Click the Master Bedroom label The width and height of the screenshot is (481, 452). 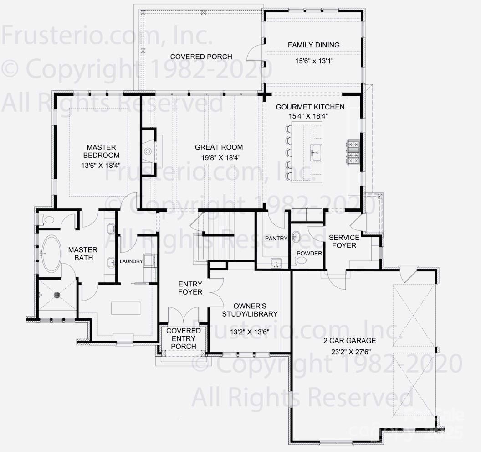click(x=102, y=152)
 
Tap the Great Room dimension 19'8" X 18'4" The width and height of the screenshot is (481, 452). click(x=219, y=157)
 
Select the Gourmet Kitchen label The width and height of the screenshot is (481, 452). click(x=310, y=107)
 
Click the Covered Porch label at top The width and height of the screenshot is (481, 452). click(x=201, y=57)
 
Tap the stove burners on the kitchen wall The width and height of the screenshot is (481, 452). click(x=354, y=152)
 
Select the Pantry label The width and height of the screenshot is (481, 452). click(x=276, y=239)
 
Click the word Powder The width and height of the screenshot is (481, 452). click(x=309, y=254)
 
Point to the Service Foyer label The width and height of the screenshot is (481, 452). click(x=344, y=242)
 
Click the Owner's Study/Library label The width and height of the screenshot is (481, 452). click(x=250, y=310)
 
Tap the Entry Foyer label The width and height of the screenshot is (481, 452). click(x=190, y=288)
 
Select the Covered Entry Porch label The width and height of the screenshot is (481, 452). click(x=184, y=338)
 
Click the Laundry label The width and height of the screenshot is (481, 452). click(x=131, y=261)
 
